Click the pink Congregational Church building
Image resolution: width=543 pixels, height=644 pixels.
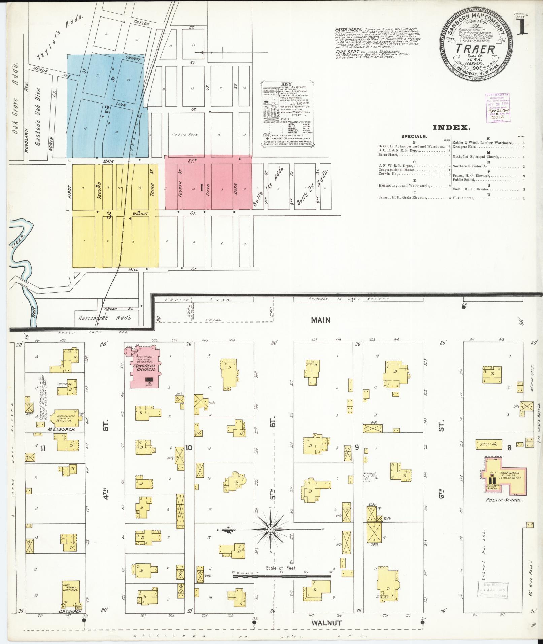[145, 368]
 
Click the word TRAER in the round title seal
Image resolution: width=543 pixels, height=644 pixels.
[475, 49]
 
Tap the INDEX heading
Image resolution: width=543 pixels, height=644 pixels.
[451, 127]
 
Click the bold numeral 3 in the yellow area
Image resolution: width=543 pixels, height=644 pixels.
[109, 216]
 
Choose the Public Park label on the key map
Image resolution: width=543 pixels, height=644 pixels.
[184, 135]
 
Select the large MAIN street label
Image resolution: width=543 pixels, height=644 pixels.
[320, 320]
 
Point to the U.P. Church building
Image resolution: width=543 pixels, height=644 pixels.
[71, 592]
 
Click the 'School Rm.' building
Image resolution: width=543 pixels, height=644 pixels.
[488, 444]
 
